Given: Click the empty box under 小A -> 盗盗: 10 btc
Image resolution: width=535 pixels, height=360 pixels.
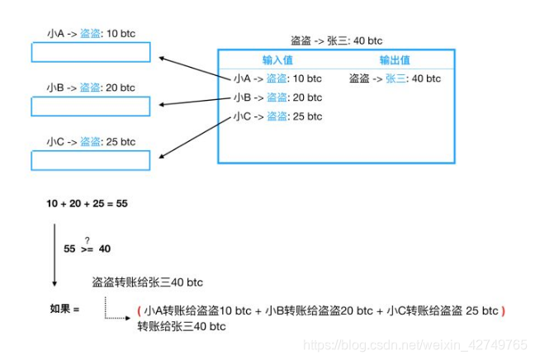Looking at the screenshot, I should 91,52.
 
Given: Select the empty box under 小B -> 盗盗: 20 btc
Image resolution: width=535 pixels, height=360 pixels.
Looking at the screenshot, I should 91,107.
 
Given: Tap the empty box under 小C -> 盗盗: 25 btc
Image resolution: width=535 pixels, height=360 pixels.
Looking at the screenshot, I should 91,160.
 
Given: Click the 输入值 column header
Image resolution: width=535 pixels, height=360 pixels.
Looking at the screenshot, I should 278,59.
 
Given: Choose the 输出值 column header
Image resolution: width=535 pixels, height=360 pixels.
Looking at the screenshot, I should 395,59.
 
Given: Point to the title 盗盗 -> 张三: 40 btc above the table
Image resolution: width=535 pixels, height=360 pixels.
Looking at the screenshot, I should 336,40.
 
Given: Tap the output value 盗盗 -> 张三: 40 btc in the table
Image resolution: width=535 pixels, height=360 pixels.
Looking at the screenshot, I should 395,78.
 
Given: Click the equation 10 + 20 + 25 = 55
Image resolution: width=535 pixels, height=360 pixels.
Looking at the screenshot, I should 88,202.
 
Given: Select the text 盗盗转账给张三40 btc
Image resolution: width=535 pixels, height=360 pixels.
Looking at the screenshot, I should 148,282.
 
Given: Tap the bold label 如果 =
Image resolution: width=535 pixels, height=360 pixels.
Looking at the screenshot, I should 65,310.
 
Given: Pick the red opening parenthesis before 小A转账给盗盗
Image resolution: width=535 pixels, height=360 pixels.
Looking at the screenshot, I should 140,311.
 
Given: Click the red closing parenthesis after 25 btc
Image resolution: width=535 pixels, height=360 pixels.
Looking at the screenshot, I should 503,311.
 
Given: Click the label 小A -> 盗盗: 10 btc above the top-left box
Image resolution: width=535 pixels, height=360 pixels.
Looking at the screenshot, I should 92,34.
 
